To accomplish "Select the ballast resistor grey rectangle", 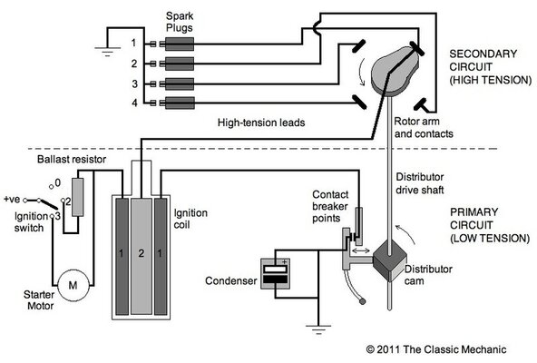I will click(x=76, y=196).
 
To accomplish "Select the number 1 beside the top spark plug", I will click(x=133, y=43).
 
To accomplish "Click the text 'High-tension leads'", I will click(x=261, y=122).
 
